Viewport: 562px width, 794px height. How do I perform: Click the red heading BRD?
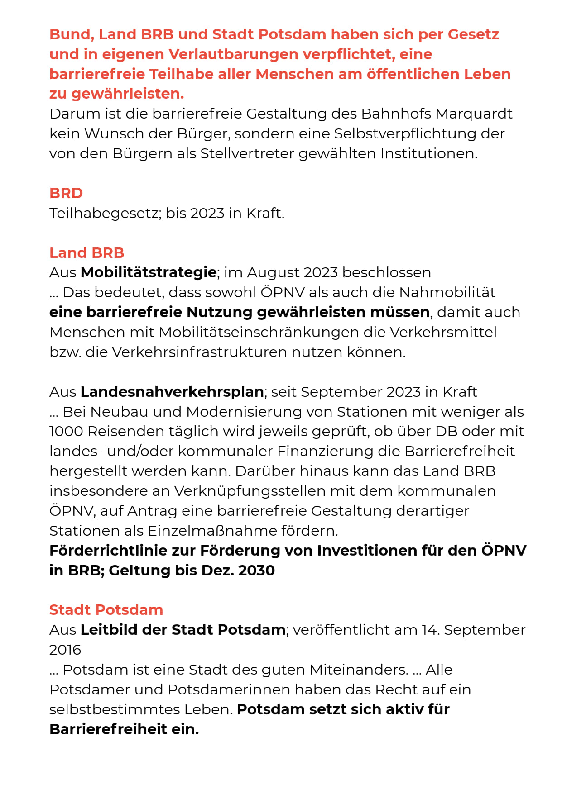66,193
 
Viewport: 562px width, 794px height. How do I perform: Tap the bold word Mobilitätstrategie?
149,272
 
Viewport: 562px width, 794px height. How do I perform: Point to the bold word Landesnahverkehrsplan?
173,392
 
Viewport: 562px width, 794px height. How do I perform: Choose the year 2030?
256,571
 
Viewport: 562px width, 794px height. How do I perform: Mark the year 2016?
65,650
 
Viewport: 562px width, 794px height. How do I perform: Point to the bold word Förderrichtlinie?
122,551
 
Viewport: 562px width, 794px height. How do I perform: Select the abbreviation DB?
447,431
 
